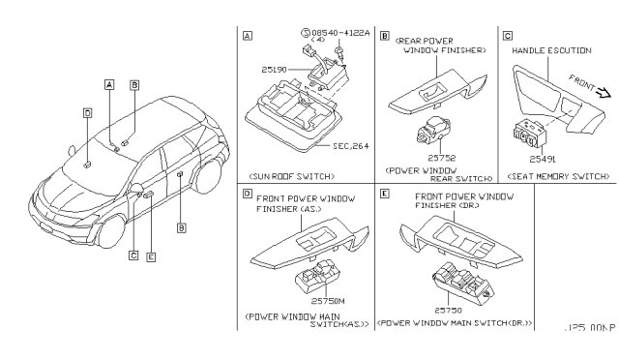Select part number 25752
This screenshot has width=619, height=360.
point(437,158)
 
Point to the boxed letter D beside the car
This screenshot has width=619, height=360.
point(87,112)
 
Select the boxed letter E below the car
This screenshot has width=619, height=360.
point(150,255)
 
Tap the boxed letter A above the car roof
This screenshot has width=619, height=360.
point(109,84)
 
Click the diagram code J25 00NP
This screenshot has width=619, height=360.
point(590,328)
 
